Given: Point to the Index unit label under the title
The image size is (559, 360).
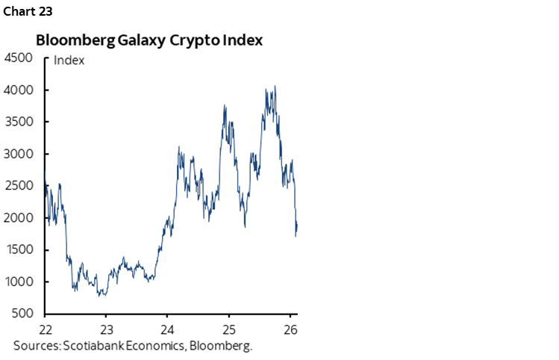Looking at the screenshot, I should tap(69, 60).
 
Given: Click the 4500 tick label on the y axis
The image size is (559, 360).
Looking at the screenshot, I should tap(19, 58).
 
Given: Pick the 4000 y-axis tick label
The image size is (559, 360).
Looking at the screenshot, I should tap(19, 90).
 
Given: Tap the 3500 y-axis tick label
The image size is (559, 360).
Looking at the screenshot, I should tap(19, 122).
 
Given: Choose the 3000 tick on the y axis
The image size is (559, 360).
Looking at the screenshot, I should tap(19, 154).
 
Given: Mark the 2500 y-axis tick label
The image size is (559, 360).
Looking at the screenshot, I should tap(19, 186).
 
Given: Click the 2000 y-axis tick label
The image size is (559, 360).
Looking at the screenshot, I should tap(19, 218).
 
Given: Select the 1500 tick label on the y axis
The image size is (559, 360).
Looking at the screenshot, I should tap(19, 250).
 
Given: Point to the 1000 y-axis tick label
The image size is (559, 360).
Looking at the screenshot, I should tap(19, 282).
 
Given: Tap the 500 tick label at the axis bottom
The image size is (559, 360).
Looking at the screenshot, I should tap(22, 314).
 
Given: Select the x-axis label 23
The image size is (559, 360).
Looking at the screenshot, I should tap(106, 329).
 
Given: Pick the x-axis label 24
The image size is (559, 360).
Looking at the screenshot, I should tap(167, 329).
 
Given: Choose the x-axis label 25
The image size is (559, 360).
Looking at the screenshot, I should tap(229, 329).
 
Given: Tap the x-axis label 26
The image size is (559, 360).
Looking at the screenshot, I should tap(290, 329).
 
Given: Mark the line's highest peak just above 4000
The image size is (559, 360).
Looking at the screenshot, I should tap(275, 86).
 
